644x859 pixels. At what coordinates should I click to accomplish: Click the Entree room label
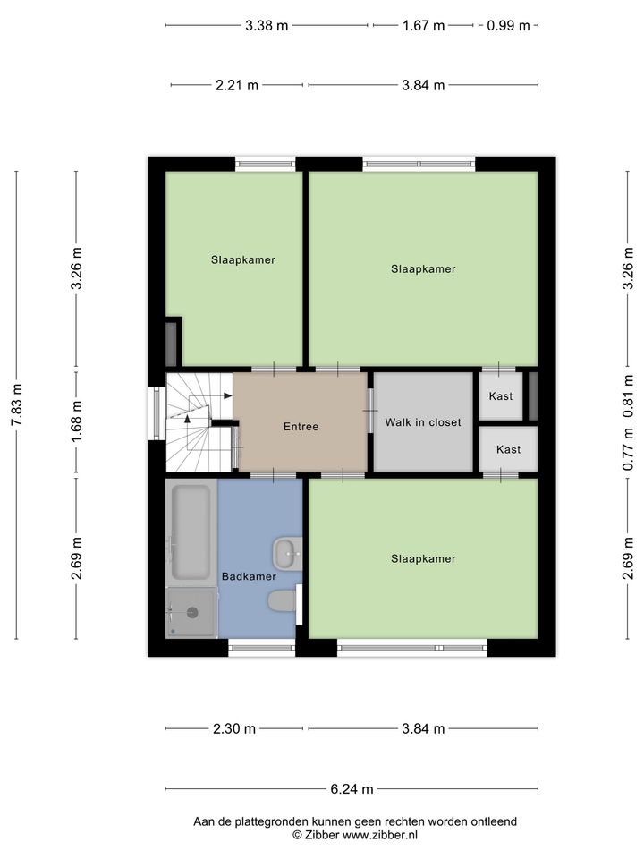[x=301, y=426]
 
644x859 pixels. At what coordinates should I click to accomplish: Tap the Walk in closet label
[x=423, y=421]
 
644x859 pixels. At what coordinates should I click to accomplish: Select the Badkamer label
[x=249, y=576]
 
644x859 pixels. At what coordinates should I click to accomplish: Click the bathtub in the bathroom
[x=191, y=532]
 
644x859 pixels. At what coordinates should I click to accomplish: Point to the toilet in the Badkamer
[x=282, y=601]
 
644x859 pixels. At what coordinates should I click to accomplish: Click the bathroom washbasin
[x=287, y=554]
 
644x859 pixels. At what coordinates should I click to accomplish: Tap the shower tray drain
[x=192, y=612]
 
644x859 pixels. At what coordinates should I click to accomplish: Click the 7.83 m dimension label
[x=17, y=404]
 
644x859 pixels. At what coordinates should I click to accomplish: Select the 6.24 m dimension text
[x=352, y=789]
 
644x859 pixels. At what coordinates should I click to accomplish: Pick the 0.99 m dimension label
[x=508, y=25]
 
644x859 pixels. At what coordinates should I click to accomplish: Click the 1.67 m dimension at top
[x=423, y=25]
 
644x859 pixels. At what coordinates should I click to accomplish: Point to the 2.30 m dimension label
[x=234, y=728]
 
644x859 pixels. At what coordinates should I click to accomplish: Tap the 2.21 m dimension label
[x=236, y=85]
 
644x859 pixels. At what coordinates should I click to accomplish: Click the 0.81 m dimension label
[x=628, y=396]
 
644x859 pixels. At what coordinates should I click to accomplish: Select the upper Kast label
[x=501, y=396]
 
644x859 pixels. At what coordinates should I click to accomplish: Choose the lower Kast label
[x=508, y=449]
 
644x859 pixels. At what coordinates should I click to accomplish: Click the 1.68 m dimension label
[x=77, y=421]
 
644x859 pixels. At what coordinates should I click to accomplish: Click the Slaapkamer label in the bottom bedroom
[x=423, y=558]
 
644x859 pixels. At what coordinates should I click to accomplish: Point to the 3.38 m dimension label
[x=267, y=25]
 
